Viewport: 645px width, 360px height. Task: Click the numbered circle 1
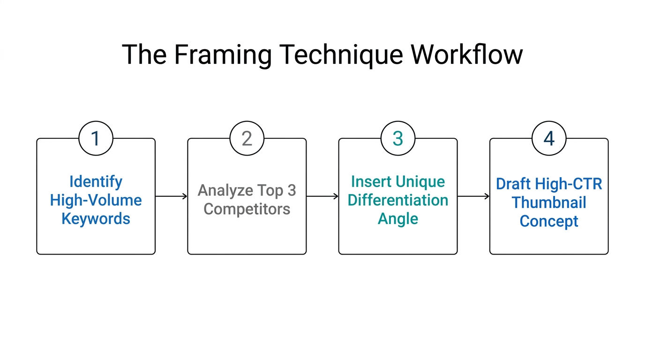point(96,139)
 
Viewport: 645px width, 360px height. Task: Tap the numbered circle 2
point(247,139)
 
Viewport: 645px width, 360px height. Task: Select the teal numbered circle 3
point(398,139)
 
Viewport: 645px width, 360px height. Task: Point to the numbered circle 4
point(549,139)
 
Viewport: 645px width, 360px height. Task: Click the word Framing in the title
point(223,55)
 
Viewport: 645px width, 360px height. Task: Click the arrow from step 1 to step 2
point(171,196)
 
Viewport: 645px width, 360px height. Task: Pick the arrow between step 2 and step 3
point(322,196)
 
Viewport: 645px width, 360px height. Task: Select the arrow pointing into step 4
point(473,196)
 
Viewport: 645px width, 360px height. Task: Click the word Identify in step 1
point(96,181)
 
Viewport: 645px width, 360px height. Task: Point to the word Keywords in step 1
point(96,218)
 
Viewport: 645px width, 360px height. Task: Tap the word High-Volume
point(96,200)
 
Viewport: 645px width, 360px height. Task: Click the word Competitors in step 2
point(247,209)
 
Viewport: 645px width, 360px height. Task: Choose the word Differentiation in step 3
point(398,200)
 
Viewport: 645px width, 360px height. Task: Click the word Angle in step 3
point(398,218)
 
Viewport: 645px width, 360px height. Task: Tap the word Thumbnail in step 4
point(549,202)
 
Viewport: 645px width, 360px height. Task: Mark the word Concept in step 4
point(549,221)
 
